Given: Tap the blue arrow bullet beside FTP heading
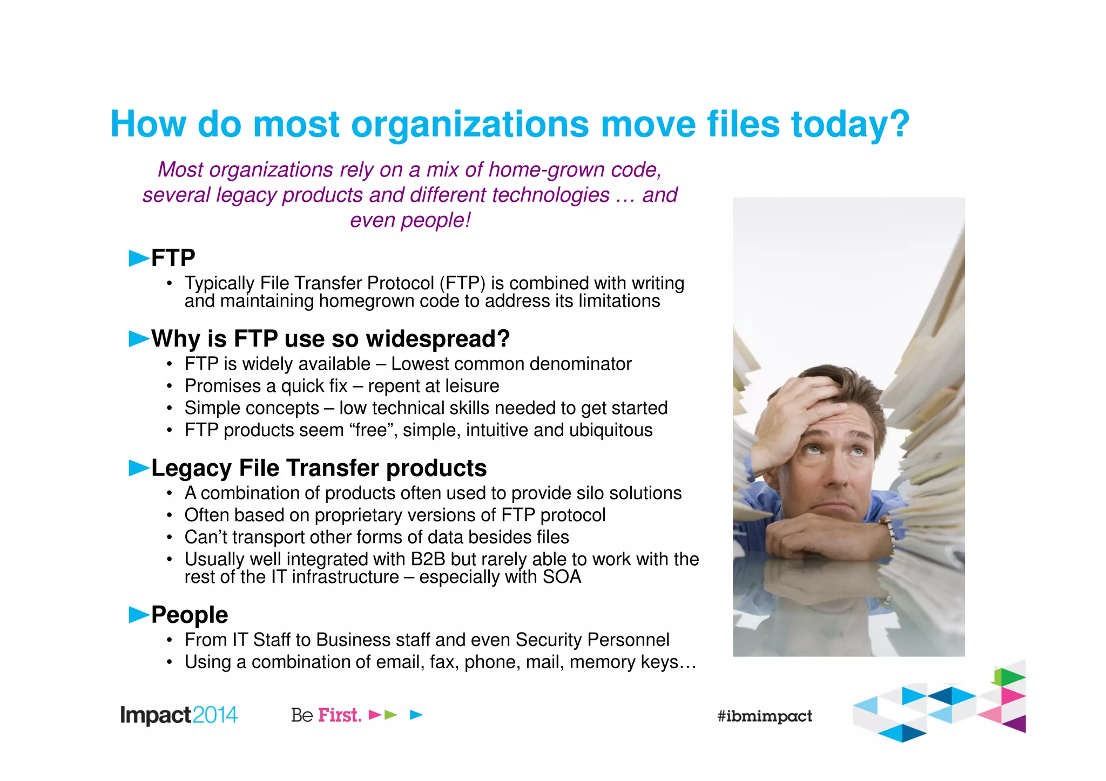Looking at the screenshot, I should tap(139, 259).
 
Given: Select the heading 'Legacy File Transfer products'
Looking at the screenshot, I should tap(319, 468).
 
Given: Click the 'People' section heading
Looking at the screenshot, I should tap(190, 615).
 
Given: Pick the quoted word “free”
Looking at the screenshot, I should tap(373, 430).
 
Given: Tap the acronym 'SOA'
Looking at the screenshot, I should tap(562, 577).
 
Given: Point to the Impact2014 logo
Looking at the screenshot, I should tap(179, 715).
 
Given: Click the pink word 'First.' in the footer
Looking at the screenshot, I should tap(340, 715).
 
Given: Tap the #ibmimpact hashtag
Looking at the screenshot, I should tap(765, 716).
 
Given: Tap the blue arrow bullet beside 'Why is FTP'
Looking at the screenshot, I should tap(139, 339).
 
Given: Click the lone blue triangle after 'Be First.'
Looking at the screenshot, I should tap(416, 715).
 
